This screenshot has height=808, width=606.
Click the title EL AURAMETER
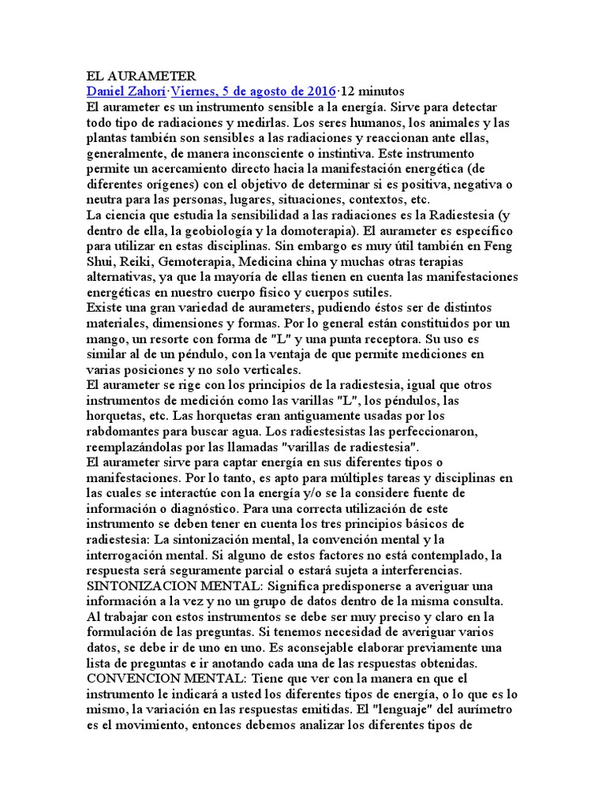pyautogui.click(x=140, y=77)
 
